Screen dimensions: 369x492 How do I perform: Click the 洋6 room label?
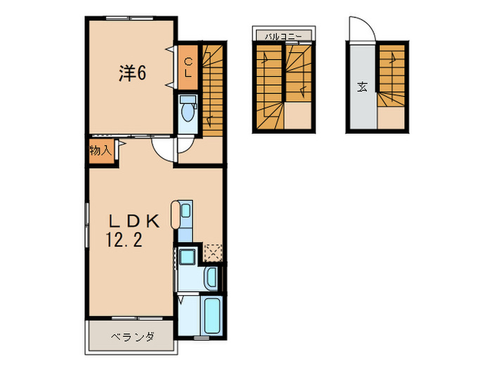point(131,72)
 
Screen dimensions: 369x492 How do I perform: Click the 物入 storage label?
point(99,150)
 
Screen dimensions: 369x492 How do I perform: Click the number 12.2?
point(125,241)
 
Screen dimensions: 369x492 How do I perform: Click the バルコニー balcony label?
point(284,34)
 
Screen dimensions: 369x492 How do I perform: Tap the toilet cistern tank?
point(188,101)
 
